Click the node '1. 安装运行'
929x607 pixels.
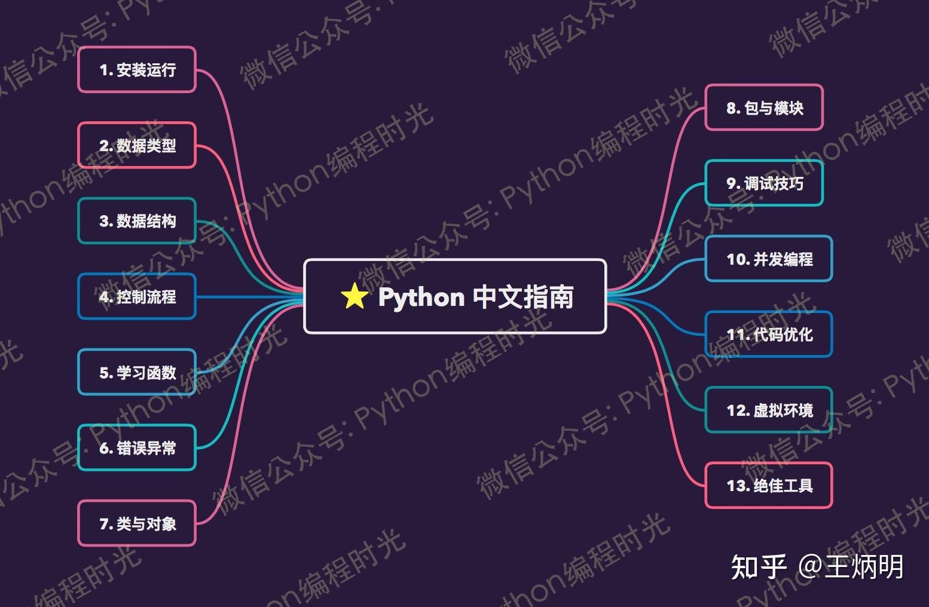(137, 70)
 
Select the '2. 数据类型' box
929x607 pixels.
(137, 146)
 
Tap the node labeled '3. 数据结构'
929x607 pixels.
(137, 221)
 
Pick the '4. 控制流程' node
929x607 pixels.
(137, 297)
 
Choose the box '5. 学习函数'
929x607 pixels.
(137, 373)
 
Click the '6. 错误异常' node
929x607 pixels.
(137, 448)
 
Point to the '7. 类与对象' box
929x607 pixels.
(137, 524)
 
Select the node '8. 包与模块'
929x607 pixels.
(764, 108)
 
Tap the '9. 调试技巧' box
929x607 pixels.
(764, 183)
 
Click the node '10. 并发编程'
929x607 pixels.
(769, 259)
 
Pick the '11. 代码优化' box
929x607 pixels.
(769, 335)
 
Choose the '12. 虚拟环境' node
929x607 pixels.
(769, 410)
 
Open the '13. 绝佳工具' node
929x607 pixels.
(769, 486)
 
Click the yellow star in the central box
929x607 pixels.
(354, 296)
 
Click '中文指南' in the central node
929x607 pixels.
(523, 297)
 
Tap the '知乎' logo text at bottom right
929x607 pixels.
(758, 567)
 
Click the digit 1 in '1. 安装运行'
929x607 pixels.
(104, 70)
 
